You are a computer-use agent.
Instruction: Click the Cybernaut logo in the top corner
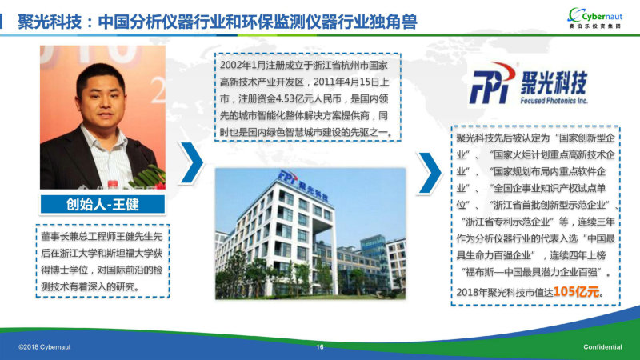pos(594,18)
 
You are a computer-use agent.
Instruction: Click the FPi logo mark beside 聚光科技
pos(493,83)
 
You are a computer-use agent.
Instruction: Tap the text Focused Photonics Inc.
pos(554,101)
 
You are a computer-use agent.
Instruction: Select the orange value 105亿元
pos(576,291)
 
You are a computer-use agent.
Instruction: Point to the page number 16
pos(319,347)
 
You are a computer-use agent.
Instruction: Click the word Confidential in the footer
pos(602,347)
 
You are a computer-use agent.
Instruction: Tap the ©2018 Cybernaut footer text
pos(45,347)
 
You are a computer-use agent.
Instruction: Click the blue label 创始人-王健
pos(102,204)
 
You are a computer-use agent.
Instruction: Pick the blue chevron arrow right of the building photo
pos(430,173)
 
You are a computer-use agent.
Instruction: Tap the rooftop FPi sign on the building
pos(303,185)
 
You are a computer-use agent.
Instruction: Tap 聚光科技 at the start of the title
pos(50,22)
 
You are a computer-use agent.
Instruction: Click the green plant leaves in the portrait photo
pos(149,177)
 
